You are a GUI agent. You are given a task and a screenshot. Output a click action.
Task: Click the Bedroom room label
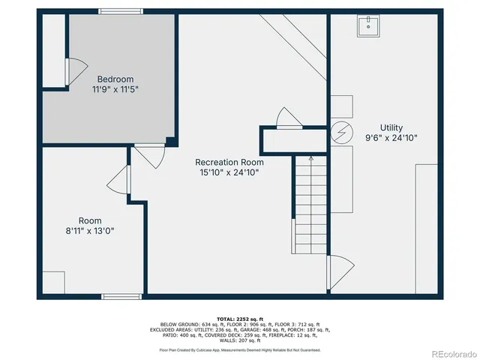115,79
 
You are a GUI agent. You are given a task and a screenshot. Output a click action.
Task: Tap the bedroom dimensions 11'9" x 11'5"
115,88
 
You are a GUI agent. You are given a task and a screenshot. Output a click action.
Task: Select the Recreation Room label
229,162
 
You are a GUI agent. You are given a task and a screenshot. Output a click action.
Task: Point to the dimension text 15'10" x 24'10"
229,172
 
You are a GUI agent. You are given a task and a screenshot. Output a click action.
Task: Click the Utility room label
391,127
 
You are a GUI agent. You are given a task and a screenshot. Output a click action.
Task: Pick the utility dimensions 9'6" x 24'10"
391,138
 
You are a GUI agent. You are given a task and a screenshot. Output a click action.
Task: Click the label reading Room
90,220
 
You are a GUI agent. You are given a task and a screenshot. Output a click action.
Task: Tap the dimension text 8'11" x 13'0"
90,231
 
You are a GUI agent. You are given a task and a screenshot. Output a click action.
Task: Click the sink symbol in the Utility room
370,25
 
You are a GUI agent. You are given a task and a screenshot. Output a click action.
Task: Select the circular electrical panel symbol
341,133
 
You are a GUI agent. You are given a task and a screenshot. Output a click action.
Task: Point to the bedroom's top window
121,11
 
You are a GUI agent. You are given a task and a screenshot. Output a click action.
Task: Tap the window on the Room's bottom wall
121,296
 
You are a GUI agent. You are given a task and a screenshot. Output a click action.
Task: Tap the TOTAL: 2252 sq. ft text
239,319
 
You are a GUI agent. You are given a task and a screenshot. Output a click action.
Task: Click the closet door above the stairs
289,118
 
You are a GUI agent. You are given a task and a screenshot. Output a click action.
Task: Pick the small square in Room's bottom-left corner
52,282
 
